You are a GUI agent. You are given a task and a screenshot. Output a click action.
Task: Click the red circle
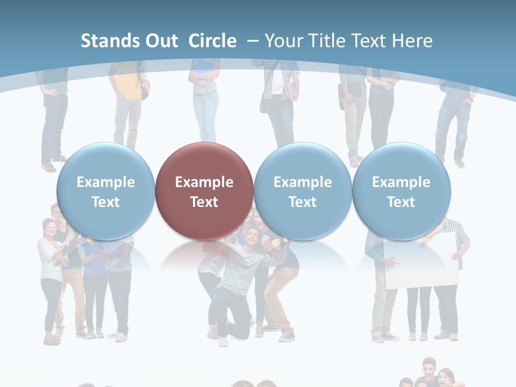point(204,191)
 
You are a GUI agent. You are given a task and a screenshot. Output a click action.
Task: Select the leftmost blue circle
point(105,191)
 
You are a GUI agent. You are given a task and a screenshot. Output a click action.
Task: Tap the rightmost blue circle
point(401,191)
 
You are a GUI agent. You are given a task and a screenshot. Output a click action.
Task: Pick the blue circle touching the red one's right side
point(303,191)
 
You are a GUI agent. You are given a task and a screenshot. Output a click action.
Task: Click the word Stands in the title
point(107,41)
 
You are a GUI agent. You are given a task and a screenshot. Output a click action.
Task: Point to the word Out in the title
point(160,41)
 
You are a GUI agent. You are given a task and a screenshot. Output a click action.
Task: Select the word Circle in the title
point(212,41)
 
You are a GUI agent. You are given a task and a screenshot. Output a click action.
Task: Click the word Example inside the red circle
point(204,182)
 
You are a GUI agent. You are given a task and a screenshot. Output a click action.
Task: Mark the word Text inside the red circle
point(204,202)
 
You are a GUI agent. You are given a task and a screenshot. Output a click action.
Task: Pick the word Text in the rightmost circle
point(401,202)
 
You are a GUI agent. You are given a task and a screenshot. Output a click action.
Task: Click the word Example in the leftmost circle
point(106,182)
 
